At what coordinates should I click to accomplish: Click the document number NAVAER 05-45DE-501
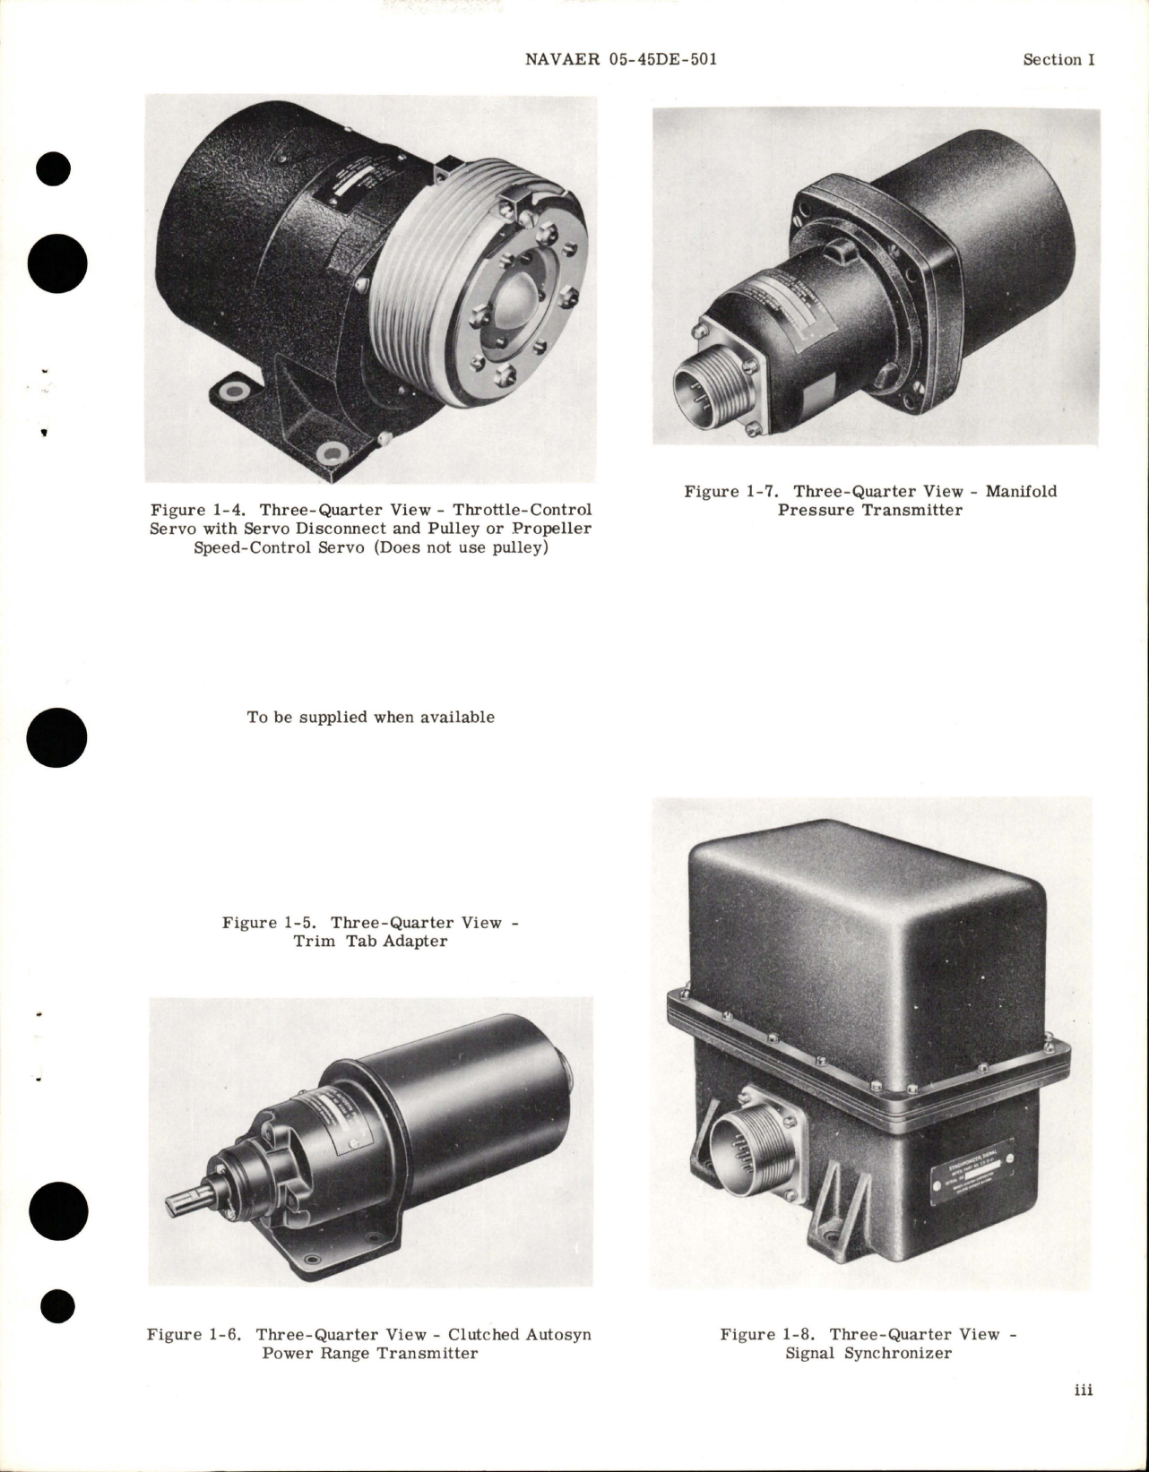click(618, 59)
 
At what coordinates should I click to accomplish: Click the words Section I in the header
click(1058, 59)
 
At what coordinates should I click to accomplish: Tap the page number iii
click(1083, 1416)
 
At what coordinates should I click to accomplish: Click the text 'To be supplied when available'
click(370, 717)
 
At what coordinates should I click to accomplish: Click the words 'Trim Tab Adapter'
click(370, 942)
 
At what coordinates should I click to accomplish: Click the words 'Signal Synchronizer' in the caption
click(868, 1353)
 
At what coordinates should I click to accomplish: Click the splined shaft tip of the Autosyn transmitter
click(185, 1203)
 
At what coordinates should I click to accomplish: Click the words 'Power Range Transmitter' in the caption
click(370, 1353)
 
